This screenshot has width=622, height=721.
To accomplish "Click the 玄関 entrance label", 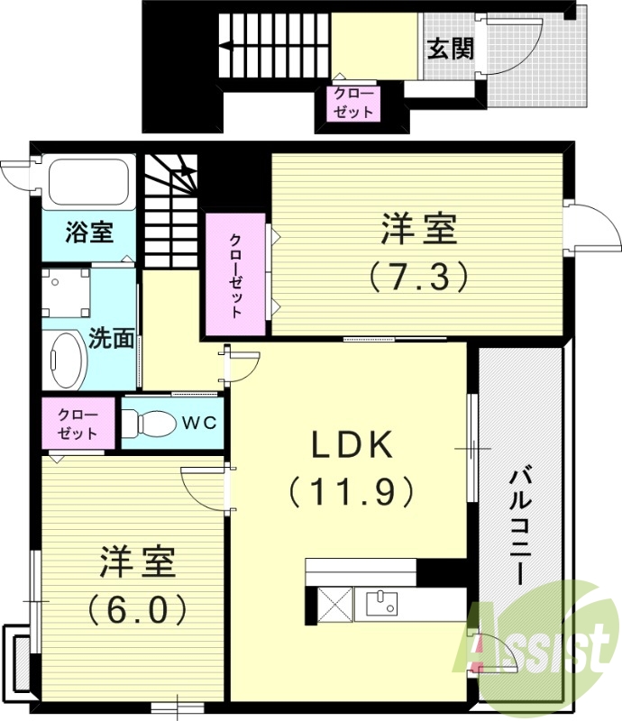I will [450, 48].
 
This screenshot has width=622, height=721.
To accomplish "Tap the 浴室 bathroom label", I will [89, 232].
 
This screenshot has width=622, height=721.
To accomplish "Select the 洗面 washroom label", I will [112, 339].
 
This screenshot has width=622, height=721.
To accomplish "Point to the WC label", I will [201, 423].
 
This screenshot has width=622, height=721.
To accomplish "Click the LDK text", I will [352, 445].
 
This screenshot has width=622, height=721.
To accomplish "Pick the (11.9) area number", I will [352, 491].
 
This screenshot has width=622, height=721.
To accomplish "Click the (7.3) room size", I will [417, 276].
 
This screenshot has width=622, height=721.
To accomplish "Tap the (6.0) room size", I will [137, 610].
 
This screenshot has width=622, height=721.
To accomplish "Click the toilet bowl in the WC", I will [151, 422].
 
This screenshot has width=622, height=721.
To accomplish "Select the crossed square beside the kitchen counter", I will [333, 604].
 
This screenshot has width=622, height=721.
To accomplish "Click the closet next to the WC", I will [78, 423].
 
